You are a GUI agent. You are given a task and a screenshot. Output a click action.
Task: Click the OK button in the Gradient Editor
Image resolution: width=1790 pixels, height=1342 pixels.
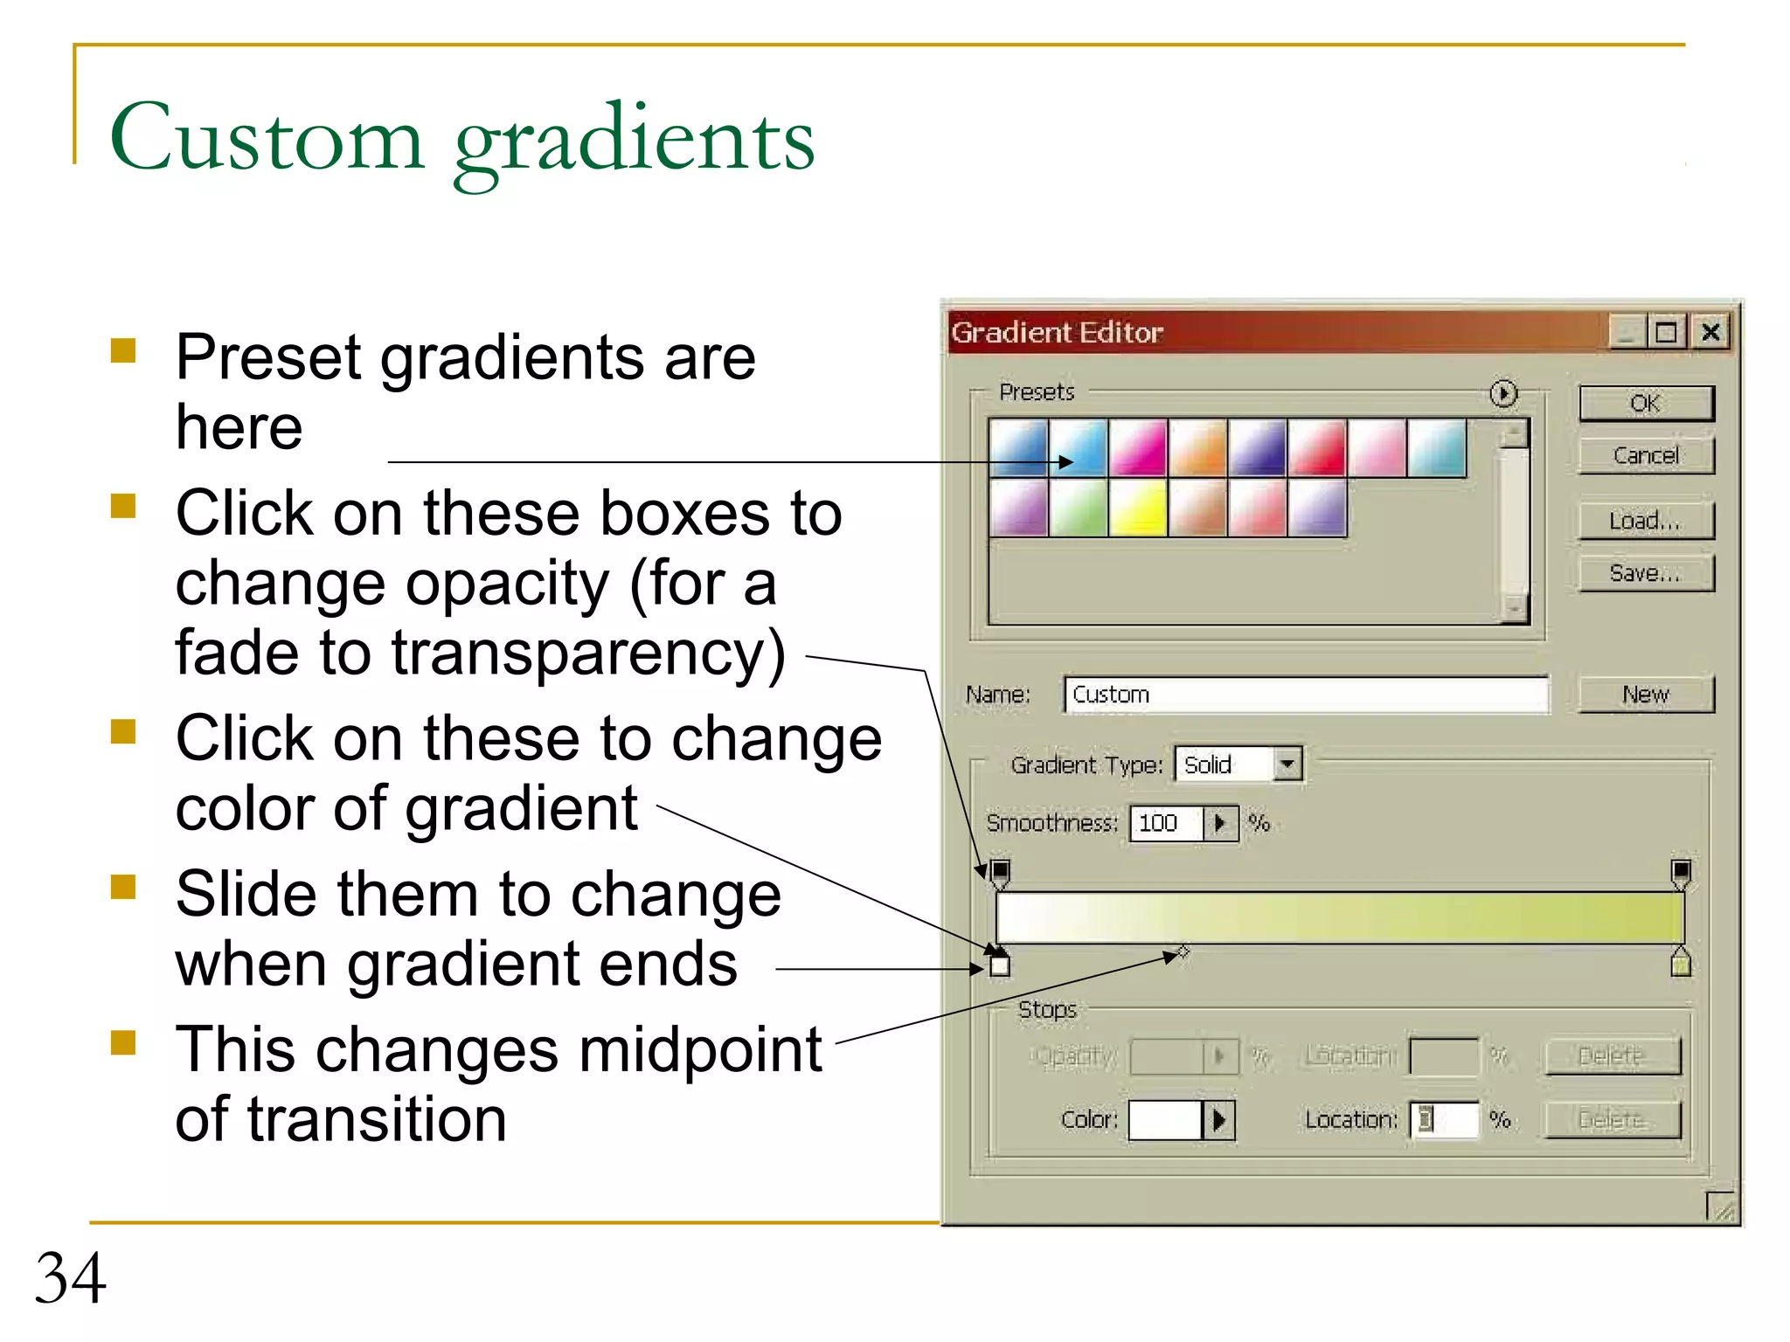point(1645,404)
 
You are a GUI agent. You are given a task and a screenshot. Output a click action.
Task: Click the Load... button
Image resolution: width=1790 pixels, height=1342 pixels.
point(1645,521)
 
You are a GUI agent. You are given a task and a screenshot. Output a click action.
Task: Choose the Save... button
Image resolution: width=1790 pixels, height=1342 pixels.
point(1645,573)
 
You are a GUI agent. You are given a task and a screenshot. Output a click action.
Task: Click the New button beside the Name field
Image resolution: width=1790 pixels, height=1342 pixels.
point(1645,695)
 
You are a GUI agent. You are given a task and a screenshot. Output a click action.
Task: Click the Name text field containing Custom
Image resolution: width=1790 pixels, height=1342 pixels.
point(1306,695)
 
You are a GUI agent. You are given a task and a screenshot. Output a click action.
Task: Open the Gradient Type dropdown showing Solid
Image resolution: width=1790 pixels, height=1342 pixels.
point(1287,764)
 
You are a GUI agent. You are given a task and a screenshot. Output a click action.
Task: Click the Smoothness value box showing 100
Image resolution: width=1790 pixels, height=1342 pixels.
point(1166,823)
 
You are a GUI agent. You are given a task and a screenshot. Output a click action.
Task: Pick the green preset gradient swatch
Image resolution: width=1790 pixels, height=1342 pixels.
point(1078,508)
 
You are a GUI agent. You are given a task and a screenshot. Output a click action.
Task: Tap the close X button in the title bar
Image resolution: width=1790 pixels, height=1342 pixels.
point(1710,332)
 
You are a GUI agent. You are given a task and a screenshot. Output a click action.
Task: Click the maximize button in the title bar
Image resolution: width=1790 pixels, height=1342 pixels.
point(1667,332)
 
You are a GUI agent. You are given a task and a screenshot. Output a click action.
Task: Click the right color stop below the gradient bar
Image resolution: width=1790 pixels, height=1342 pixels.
point(1680,963)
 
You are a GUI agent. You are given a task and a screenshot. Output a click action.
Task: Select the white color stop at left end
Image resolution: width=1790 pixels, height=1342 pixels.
point(1000,965)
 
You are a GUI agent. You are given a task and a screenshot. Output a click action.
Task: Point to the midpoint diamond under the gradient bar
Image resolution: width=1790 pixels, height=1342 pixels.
point(1183,951)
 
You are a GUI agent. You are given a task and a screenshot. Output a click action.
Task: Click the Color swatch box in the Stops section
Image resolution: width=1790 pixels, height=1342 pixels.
point(1165,1119)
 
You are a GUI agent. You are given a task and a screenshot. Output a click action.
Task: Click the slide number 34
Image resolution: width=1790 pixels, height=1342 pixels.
point(70,1278)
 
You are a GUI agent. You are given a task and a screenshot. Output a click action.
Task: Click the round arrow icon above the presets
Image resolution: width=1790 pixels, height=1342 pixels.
point(1502,394)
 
